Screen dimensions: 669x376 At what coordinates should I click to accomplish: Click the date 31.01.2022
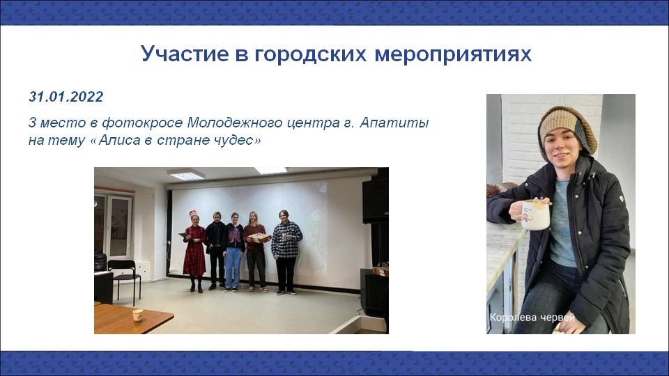coord(66,97)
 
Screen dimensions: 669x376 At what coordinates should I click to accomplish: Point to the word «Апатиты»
coord(394,123)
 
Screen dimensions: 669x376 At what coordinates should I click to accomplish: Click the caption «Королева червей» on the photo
coord(532,318)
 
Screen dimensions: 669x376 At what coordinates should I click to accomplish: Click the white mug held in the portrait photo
coord(533,215)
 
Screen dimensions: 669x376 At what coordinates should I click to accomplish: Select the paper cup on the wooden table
coord(137,316)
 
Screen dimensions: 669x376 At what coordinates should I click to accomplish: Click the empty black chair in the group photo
coord(124,279)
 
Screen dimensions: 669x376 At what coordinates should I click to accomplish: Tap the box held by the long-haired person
coord(259,237)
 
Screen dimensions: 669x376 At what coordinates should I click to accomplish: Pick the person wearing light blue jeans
coord(233,251)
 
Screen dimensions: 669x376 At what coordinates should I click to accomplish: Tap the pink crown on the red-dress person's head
coord(193,212)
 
